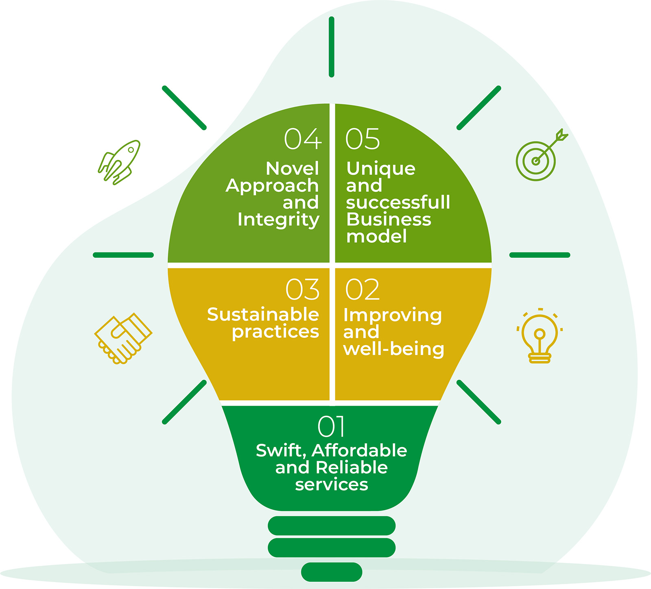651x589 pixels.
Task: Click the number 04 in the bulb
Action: click(x=303, y=139)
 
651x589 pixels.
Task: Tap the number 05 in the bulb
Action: click(x=363, y=139)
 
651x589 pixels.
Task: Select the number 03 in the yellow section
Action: click(x=303, y=290)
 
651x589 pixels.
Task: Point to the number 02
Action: click(x=362, y=290)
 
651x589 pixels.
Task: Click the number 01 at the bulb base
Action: click(x=331, y=426)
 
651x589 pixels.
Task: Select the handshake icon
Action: click(x=123, y=338)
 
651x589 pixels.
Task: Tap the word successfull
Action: click(x=398, y=202)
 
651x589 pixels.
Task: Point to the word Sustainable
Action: click(x=263, y=315)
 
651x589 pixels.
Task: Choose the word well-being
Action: click(x=393, y=349)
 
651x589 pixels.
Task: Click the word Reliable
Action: click(x=352, y=468)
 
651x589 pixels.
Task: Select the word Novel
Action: click(x=292, y=169)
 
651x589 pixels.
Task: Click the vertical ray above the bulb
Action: click(x=332, y=47)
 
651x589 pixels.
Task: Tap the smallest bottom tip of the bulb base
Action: click(x=332, y=572)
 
